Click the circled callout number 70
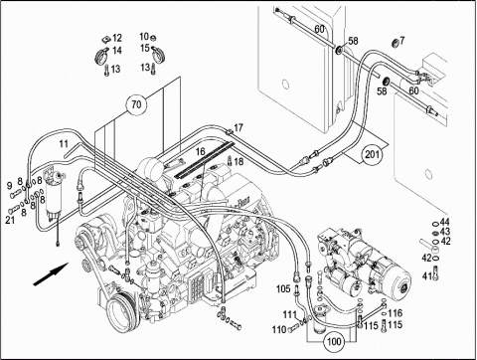pos(136,104)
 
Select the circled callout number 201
pos(372,154)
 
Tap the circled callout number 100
pos(334,341)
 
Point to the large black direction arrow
pos(51,273)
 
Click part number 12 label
pos(117,38)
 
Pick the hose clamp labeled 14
pos(101,57)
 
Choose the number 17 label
pos(238,127)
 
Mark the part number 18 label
pos(238,162)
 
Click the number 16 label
pos(201,152)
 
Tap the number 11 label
pos(64,144)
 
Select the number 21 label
pos(10,220)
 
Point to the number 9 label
pos(9,186)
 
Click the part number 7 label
pos(402,41)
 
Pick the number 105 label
pos(283,289)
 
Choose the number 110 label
pos(279,329)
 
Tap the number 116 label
pos(396,313)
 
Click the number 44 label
pos(445,222)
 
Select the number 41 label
pos(426,274)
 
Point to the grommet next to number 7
pos(395,43)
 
